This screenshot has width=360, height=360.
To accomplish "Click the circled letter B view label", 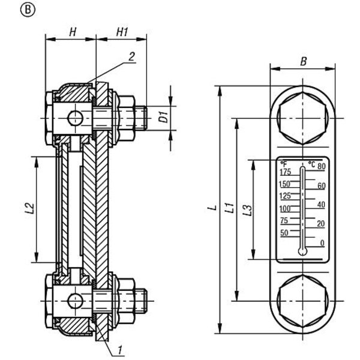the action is pos(28,10).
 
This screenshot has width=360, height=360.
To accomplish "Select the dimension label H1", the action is pos(122,32).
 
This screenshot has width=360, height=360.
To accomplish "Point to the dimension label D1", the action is pos(164,116).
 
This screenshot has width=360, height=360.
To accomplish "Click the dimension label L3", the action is pos(247,210).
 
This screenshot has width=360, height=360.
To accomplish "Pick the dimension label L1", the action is pos(229,208).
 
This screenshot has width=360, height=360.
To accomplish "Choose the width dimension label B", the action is pos(304,61).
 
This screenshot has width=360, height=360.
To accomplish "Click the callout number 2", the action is pos(131,56).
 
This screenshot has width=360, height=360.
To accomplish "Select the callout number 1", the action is pos(119,350).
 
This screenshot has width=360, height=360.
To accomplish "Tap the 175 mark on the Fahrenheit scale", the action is pos(286,172).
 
